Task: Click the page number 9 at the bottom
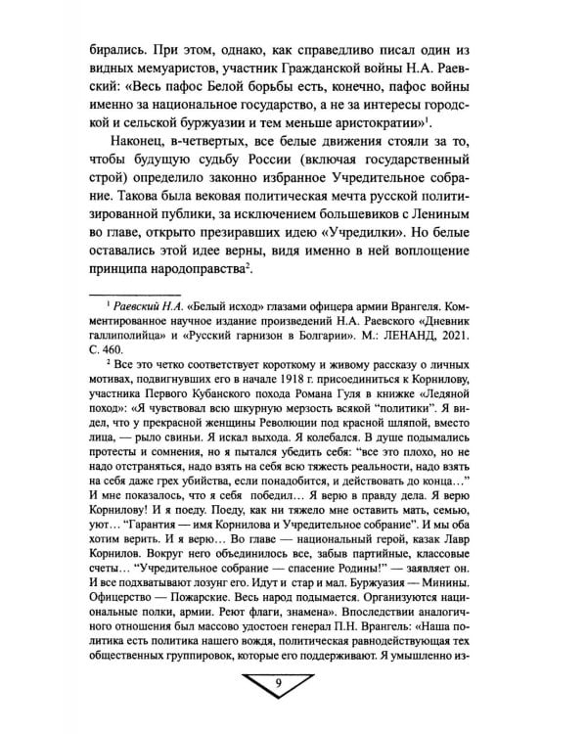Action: (293, 698)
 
